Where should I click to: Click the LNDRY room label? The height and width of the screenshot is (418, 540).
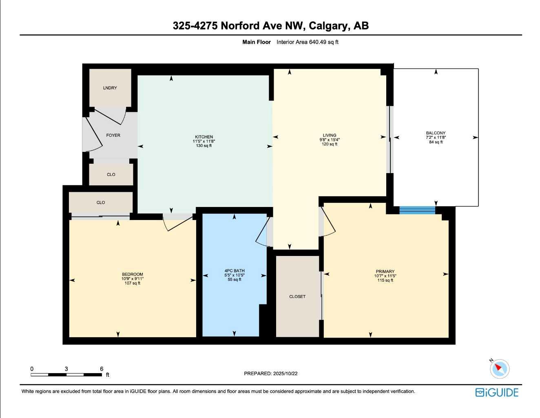tap(110, 88)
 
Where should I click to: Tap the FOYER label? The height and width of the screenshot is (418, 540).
tap(113, 135)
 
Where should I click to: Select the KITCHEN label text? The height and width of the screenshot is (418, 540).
tap(204, 137)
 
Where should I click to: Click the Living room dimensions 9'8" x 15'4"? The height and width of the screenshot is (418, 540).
tap(330, 140)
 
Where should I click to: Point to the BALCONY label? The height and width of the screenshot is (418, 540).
tap(436, 133)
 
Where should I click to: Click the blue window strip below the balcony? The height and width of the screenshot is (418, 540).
tap(417, 210)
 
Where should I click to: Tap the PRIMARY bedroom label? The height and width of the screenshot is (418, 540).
tap(385, 271)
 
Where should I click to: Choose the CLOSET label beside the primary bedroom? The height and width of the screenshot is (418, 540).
tap(297, 297)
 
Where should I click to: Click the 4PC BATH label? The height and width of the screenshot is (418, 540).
tap(235, 271)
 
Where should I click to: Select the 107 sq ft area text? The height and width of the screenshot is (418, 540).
tap(133, 283)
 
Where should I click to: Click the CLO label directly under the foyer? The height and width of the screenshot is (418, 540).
tap(111, 174)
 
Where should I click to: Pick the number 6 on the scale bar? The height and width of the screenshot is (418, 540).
tap(102, 369)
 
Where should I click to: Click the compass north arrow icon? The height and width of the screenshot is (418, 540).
tap(499, 368)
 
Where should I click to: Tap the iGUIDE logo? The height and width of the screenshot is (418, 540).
tap(497, 392)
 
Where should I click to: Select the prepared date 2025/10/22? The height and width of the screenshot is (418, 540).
tap(285, 374)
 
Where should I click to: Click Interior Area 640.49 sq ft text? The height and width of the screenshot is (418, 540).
tap(308, 42)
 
